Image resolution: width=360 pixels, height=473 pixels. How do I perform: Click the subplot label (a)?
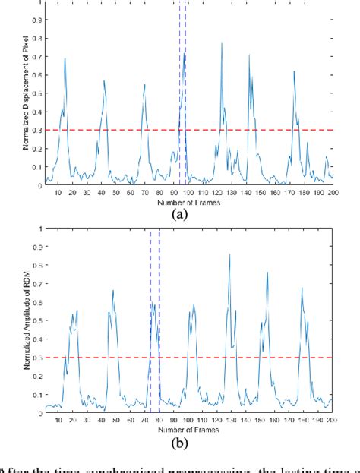click(181, 215)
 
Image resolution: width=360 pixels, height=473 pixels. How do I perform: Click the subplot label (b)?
click(181, 442)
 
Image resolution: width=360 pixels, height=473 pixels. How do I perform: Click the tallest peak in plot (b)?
click(229, 254)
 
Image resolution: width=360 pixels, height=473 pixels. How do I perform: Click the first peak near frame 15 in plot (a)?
click(65, 58)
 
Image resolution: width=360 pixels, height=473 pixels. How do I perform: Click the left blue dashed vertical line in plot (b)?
click(150, 319)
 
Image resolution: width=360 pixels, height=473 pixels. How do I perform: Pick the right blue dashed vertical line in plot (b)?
click(159, 319)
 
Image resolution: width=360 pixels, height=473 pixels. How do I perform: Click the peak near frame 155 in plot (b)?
click(267, 273)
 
